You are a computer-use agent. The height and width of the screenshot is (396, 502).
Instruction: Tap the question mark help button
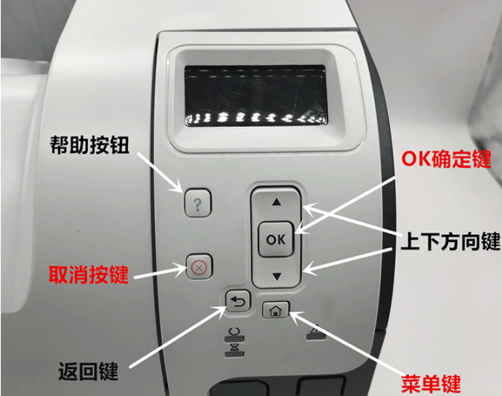pyautogui.click(x=198, y=203)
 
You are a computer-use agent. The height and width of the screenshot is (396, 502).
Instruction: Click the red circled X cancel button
pyautogui.click(x=199, y=267)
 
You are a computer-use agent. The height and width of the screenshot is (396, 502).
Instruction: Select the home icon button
pyautogui.click(x=276, y=310)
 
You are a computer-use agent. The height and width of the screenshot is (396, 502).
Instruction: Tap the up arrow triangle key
pyautogui.click(x=277, y=202)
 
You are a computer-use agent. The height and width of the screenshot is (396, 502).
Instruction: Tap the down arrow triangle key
pyautogui.click(x=277, y=276)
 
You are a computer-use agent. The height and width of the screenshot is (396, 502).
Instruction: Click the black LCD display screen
pyautogui.click(x=256, y=95)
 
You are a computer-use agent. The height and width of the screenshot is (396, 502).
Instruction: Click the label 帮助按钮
pyautogui.click(x=89, y=145)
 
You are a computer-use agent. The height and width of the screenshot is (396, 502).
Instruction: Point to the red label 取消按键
pyautogui.click(x=89, y=274)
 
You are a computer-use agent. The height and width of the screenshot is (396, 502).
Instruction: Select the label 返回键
pyautogui.click(x=89, y=371)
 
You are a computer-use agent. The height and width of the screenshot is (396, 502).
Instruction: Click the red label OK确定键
pyautogui.click(x=446, y=159)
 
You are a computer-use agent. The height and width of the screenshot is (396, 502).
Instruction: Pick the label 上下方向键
pyautogui.click(x=451, y=241)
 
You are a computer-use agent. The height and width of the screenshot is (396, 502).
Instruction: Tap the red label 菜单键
pyautogui.click(x=431, y=383)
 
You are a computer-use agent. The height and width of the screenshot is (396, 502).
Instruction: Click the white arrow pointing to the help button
pyautogui.click(x=160, y=172)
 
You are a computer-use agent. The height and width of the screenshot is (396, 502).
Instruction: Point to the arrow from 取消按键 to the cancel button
pyautogui.click(x=160, y=272)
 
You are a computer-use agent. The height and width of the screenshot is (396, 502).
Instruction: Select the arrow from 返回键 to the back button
pyautogui.click(x=178, y=336)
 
